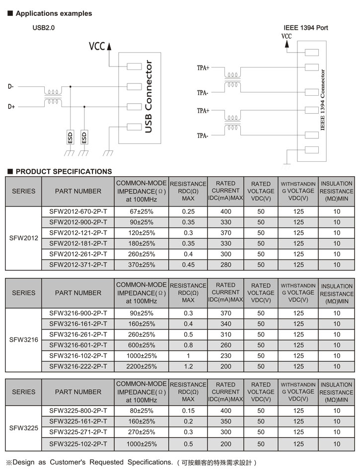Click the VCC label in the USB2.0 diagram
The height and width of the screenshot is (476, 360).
[97, 46]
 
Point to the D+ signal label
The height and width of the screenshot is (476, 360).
[11, 106]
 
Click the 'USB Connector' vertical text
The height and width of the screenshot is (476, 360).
[148, 97]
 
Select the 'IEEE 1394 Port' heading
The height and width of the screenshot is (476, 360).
[305, 28]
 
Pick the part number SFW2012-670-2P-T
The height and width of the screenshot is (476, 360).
[78, 212]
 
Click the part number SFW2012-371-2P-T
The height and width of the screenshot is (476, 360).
[78, 265]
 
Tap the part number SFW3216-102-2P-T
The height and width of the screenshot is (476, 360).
[78, 356]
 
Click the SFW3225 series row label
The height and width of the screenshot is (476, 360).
[24, 427]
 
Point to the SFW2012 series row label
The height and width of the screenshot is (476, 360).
[24, 238]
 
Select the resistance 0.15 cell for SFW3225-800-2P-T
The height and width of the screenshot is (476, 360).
[188, 410]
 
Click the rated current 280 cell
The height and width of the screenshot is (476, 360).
[226, 265]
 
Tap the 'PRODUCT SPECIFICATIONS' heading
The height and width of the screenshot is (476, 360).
[64, 172]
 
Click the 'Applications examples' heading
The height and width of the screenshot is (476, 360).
[54, 13]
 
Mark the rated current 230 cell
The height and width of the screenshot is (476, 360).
[226, 356]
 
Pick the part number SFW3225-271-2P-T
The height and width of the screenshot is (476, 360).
[78, 432]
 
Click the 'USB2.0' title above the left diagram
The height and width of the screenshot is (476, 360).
[44, 28]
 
